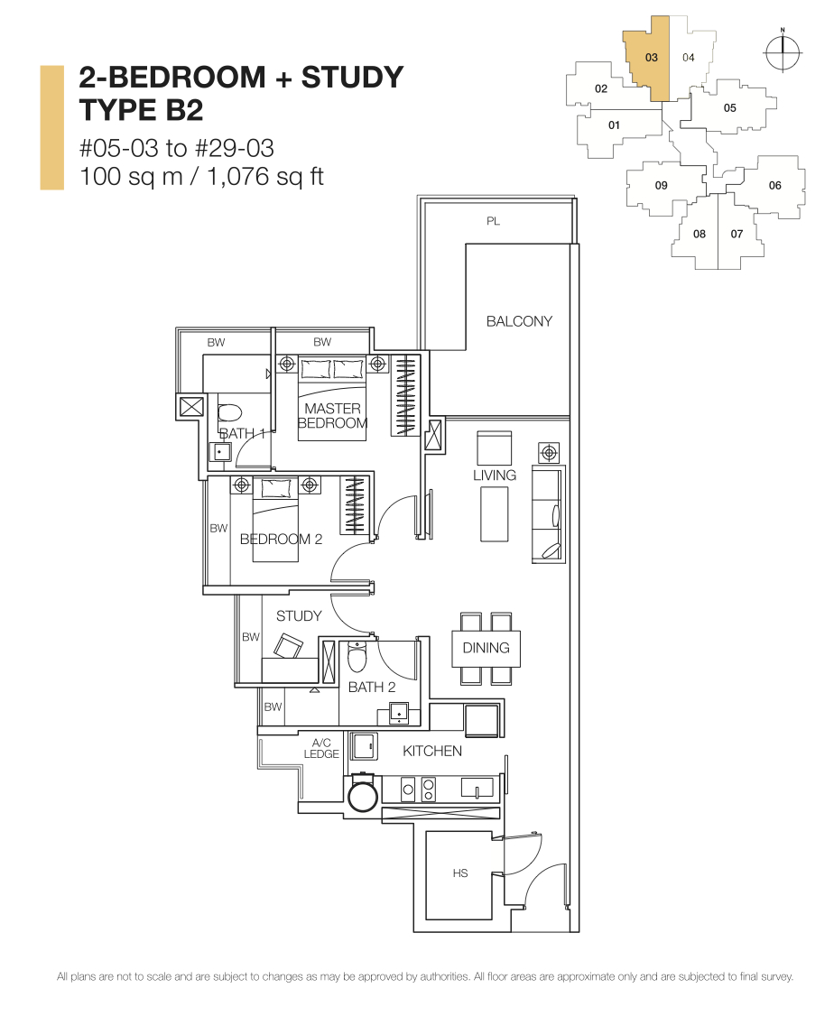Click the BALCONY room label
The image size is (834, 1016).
pyautogui.click(x=519, y=321)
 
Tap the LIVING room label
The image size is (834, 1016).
pyautogui.click(x=495, y=475)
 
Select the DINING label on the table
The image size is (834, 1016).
pyautogui.click(x=486, y=648)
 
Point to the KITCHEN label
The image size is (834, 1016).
pyautogui.click(x=432, y=751)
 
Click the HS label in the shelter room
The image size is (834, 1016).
pyautogui.click(x=460, y=873)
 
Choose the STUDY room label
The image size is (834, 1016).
pyautogui.click(x=299, y=616)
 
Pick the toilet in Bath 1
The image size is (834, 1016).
pyautogui.click(x=229, y=415)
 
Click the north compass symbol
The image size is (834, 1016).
pyautogui.click(x=782, y=52)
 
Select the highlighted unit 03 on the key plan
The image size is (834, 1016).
pyautogui.click(x=651, y=57)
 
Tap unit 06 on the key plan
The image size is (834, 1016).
pyautogui.click(x=774, y=186)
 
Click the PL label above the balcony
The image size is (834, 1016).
pyautogui.click(x=493, y=221)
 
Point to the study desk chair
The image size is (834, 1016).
pyautogui.click(x=290, y=646)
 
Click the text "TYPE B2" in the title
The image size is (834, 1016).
pyautogui.click(x=141, y=110)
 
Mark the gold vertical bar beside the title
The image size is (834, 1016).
pyautogui.click(x=51, y=127)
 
